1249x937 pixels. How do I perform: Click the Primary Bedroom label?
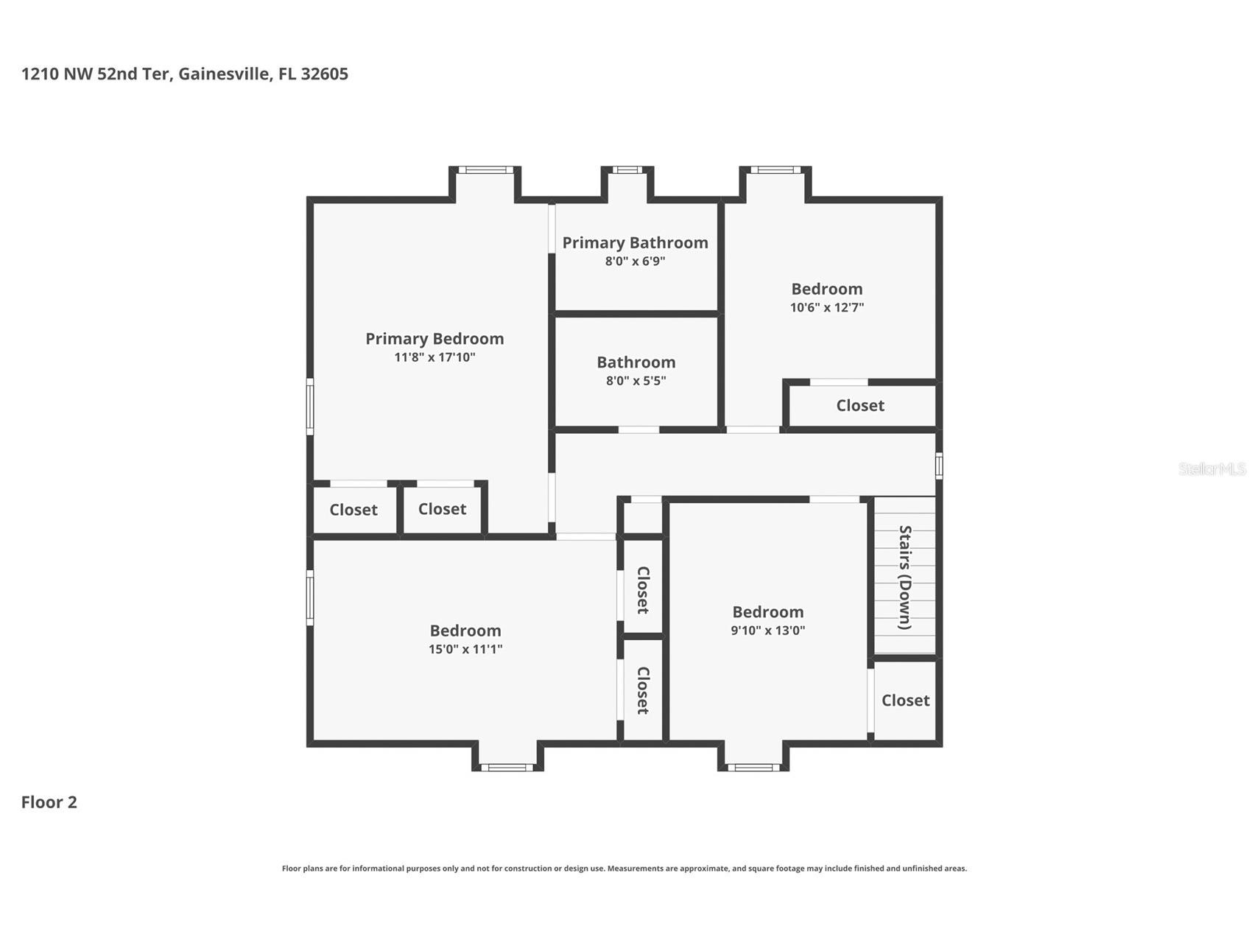434,339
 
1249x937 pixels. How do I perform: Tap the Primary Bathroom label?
635,243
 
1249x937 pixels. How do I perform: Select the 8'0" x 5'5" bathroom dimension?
636,381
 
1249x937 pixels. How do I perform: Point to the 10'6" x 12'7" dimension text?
826,307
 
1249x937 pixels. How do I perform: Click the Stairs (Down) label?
905,577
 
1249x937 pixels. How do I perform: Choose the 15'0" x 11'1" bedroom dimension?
465,649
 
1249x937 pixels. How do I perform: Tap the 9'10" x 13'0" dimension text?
767,631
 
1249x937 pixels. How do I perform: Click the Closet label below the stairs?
905,701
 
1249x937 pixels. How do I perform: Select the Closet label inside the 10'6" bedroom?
860,406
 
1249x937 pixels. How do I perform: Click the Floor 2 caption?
49,802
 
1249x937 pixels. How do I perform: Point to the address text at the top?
184,74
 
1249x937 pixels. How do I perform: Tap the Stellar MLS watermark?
1212,468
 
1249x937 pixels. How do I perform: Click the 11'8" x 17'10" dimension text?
434,357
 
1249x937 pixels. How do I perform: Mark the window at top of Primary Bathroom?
627,170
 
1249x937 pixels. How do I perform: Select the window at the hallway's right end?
939,466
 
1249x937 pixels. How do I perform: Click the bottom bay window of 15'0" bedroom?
507,768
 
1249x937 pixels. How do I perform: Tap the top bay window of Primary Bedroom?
485,170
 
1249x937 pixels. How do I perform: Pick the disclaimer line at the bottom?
624,868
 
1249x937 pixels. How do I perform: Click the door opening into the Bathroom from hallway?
638,429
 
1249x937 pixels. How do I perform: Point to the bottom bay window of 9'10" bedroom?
753,768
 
